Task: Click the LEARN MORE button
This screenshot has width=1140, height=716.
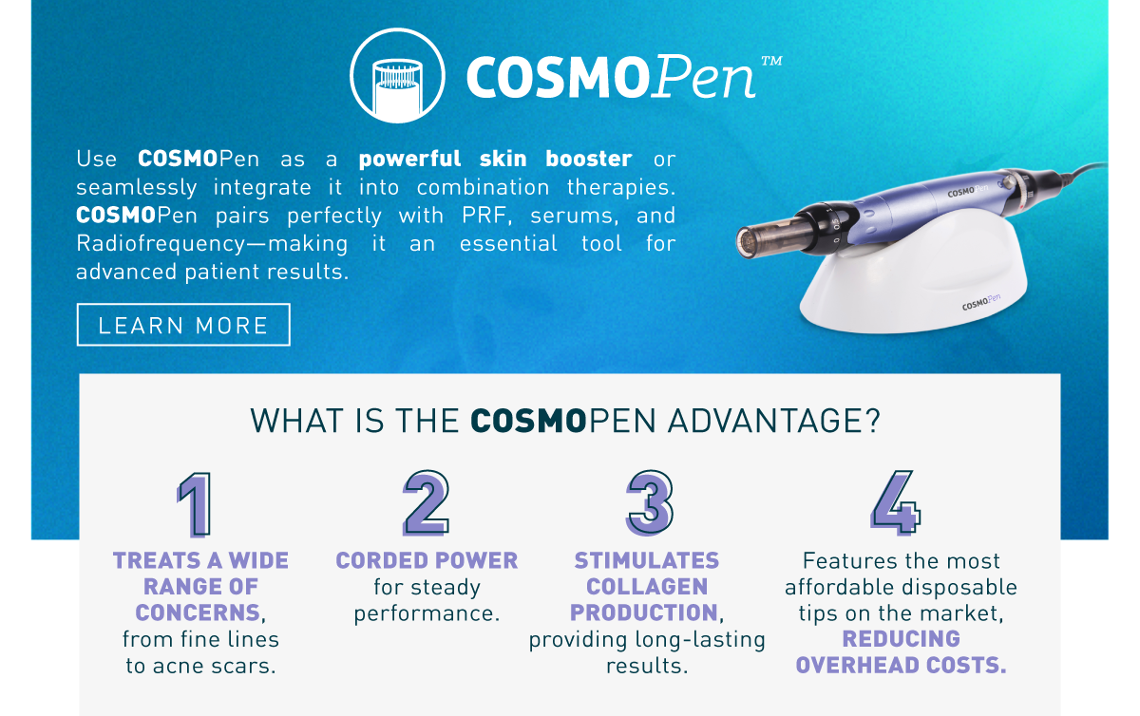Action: [x=183, y=325]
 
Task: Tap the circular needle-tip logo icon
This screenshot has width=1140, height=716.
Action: [x=397, y=75]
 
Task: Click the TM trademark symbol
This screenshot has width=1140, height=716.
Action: [x=771, y=61]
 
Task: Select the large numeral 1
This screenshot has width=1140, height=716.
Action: [x=194, y=504]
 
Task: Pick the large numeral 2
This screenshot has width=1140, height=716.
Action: [x=426, y=502]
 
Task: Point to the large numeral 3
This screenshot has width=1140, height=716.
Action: [x=650, y=502]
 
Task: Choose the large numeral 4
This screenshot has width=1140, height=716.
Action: [x=896, y=502]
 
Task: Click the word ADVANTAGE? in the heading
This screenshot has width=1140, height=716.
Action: [x=773, y=422]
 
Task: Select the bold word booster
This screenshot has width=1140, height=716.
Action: [x=589, y=159]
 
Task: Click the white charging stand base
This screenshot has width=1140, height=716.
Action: [x=914, y=274]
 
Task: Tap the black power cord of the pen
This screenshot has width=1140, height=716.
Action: [x=1084, y=171]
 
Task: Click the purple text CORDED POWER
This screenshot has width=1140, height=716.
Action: [x=427, y=561]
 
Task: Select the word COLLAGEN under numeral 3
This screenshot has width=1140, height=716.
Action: [x=647, y=587]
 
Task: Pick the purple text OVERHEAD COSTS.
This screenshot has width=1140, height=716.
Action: [x=902, y=665]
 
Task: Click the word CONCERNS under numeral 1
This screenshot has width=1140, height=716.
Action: [x=198, y=612]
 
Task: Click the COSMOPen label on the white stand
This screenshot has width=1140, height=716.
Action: [x=981, y=302]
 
